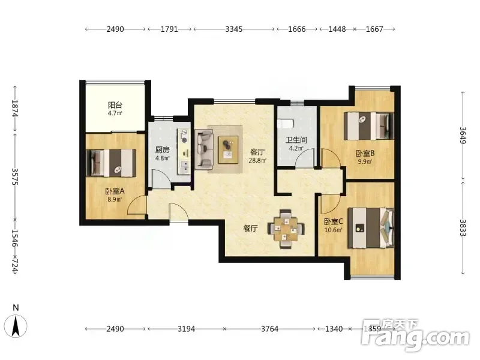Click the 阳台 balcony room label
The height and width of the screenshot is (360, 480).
115,106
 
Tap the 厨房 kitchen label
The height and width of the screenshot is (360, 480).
162,150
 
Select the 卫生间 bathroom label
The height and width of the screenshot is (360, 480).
296,140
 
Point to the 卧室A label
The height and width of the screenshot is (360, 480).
115,191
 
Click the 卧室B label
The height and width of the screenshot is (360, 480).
365,153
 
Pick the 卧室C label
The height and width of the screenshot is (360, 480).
334,221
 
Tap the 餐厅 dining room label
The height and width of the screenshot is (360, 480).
250,229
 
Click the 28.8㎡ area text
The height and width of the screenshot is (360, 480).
257,160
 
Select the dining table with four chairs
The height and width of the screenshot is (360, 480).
286,229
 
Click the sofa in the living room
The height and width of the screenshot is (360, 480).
204,149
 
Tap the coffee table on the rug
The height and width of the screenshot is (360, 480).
228,149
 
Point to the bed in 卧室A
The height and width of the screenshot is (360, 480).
111,163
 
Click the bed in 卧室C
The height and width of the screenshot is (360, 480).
371,228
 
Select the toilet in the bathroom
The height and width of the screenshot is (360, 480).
286,124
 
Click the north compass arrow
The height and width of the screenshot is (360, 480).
16,326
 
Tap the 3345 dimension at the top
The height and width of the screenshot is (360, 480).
234,29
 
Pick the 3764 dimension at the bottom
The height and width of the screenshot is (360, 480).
269,329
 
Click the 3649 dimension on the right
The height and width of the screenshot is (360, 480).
463,136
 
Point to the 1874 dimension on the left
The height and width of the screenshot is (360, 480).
14,109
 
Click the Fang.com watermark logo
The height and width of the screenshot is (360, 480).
415,336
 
